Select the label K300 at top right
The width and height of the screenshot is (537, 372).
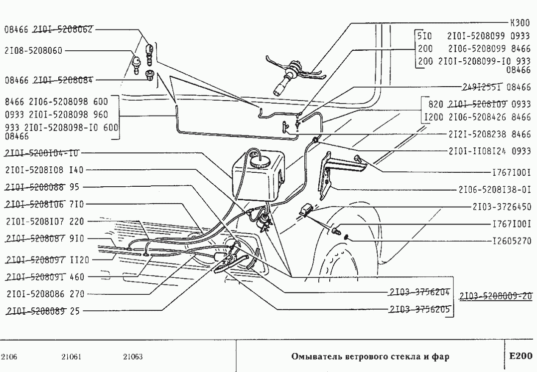tap(520, 23)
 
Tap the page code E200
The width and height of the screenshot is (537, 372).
tap(521, 356)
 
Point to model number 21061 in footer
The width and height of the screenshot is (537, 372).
tap(72, 357)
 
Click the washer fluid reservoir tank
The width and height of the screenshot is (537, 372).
tap(257, 172)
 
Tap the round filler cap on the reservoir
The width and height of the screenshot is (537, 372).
tap(260, 161)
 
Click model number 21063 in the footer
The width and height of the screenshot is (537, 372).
tap(133, 357)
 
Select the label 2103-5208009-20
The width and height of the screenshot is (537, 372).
tap(496, 296)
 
